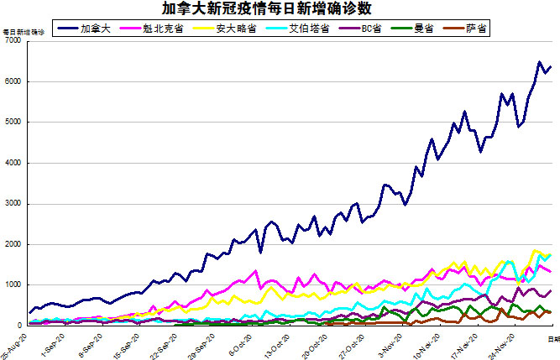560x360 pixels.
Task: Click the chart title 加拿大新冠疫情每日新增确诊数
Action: coord(280,8)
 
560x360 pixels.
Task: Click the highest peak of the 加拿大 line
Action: coord(539,62)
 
